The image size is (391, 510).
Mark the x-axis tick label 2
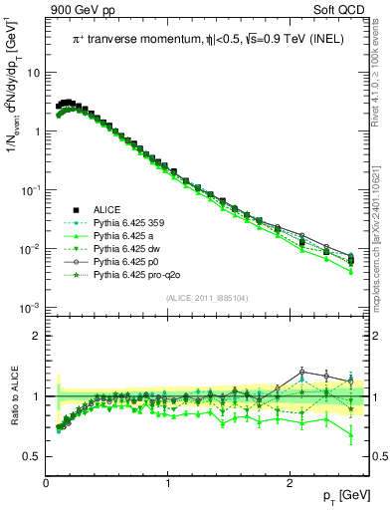[x=289, y=483]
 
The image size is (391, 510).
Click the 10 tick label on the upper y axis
[x=33, y=73]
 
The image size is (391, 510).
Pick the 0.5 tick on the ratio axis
[x=31, y=456]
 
